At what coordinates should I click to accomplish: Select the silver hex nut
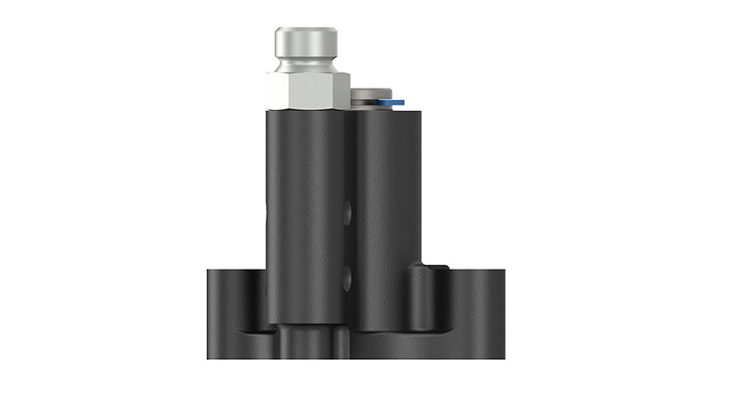point(308,91)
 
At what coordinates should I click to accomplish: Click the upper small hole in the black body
point(347,214)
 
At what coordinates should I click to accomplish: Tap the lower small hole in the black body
point(347,276)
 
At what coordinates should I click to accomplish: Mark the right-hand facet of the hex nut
point(338,91)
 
